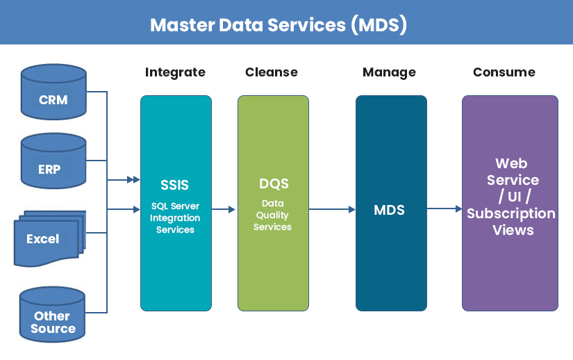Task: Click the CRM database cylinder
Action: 53,92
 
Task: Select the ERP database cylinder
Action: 53,163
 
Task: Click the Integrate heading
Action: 175,72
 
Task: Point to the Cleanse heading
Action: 271,72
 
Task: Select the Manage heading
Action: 389,72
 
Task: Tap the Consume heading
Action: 504,72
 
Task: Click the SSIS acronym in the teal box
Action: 175,186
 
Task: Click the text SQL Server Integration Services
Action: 175,218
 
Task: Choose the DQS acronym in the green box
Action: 273,184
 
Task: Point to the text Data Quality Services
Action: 272,215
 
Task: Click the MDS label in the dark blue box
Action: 389,209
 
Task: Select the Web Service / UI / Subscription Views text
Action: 510,197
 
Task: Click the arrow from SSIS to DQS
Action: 224,208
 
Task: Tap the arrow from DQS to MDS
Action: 332,208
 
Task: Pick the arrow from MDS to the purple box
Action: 445,208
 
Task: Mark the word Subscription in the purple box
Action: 510,213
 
